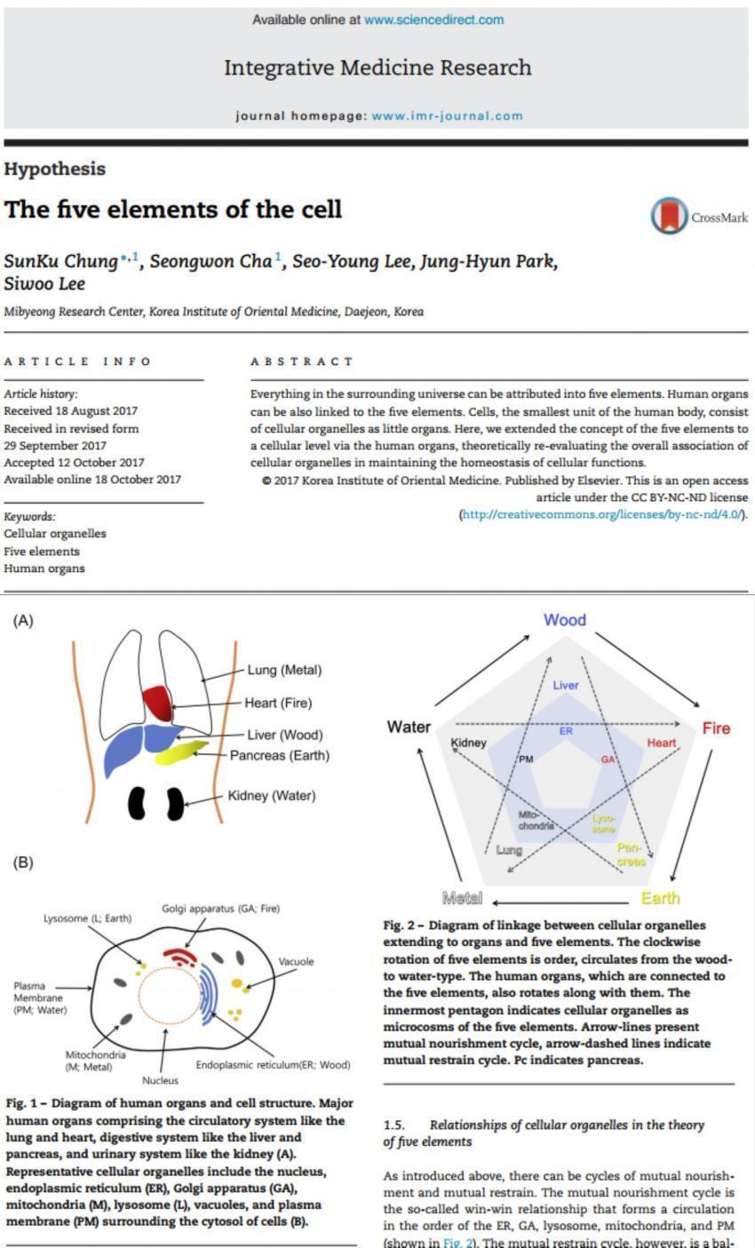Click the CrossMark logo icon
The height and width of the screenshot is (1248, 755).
click(669, 216)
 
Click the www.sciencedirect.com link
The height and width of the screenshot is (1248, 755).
click(434, 20)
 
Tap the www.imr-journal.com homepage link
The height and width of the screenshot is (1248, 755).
click(448, 115)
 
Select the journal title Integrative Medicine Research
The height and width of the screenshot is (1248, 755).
click(377, 68)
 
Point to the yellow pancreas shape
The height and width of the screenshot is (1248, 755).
click(181, 751)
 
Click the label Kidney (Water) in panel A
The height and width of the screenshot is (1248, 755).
click(271, 795)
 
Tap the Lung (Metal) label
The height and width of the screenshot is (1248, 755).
click(284, 670)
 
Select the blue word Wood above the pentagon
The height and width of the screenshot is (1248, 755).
click(564, 619)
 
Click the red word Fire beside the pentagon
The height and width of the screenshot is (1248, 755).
click(716, 727)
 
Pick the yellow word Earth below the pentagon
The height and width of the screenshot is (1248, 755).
click(660, 897)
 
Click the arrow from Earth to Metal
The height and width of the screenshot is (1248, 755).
click(560, 902)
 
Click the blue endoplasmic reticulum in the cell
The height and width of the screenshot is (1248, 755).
click(208, 995)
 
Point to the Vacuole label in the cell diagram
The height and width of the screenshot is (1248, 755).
click(296, 962)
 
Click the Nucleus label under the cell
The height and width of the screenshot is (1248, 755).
click(160, 1080)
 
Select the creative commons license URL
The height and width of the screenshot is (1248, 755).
click(603, 513)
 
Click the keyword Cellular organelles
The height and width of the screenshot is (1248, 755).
click(54, 533)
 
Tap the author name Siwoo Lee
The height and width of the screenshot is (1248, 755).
click(44, 283)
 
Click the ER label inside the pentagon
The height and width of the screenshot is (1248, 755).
click(566, 730)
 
